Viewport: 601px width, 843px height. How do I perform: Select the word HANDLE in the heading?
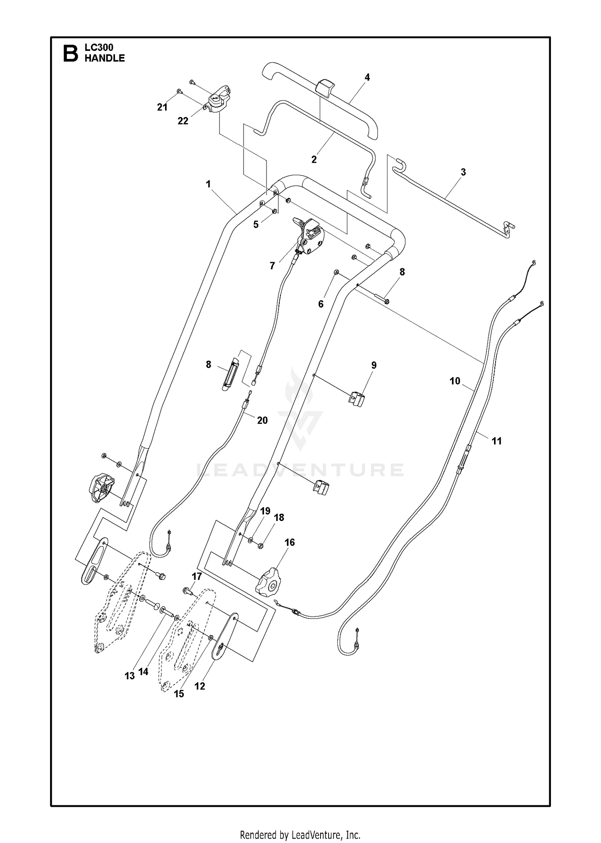click(105, 59)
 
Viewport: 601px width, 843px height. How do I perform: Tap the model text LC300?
click(99, 48)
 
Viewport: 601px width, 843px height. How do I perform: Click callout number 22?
click(183, 121)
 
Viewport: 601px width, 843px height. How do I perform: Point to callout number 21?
click(162, 107)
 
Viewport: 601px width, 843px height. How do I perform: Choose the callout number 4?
click(367, 77)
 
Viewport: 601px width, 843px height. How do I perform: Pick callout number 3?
click(463, 172)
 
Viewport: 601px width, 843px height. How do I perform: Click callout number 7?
click(272, 266)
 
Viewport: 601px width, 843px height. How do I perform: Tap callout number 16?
click(289, 543)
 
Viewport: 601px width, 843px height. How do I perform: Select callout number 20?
click(262, 420)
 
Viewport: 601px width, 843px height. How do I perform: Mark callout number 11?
click(496, 441)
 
